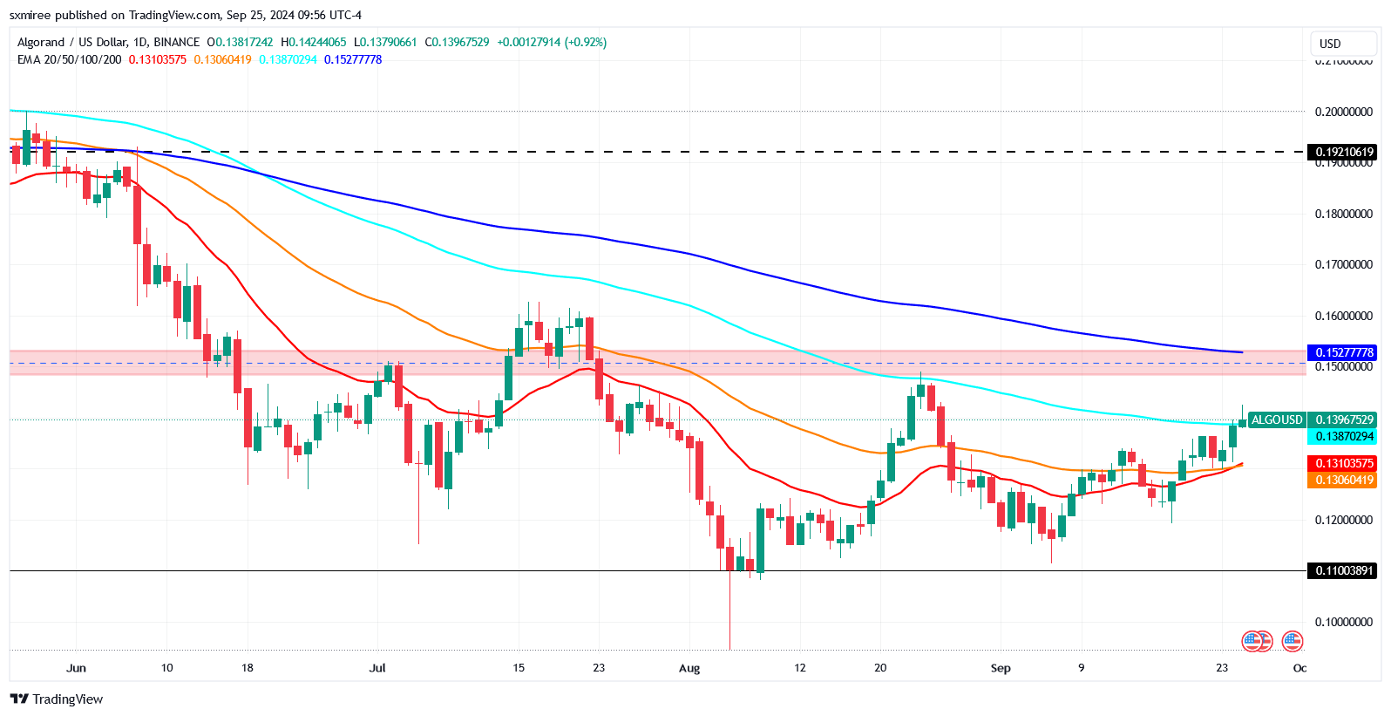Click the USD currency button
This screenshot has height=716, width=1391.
coord(1330,44)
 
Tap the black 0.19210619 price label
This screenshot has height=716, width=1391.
coord(1344,152)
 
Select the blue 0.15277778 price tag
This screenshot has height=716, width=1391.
coord(1344,352)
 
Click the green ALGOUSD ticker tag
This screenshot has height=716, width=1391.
coord(1277,419)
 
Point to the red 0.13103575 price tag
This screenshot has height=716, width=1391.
coord(1344,463)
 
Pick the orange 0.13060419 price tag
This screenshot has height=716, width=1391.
coord(1344,480)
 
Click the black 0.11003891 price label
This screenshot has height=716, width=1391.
coord(1344,570)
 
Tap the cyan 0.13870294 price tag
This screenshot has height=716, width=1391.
coord(1344,436)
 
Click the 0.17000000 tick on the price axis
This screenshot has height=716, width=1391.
coord(1343,264)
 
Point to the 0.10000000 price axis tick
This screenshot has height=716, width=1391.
coord(1343,622)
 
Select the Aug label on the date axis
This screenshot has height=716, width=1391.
coord(689,668)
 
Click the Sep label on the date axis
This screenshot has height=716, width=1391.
coord(1001,668)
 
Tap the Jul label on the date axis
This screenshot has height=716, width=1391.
coord(377,668)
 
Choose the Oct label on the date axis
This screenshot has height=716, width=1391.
coord(1299,668)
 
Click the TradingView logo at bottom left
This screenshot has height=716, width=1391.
coord(57,699)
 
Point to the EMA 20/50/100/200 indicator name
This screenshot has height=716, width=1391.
coord(70,59)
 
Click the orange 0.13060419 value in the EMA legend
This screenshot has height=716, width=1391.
coord(222,59)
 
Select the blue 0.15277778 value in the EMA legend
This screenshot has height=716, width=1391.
coord(353,59)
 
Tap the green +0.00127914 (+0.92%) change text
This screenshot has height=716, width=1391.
coord(552,42)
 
